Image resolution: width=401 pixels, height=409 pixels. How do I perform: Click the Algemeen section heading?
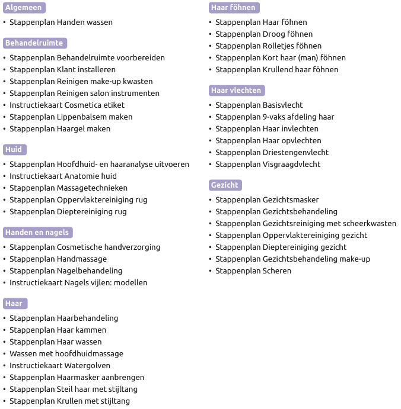click(24, 8)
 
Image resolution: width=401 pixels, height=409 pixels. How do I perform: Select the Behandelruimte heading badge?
click(34, 43)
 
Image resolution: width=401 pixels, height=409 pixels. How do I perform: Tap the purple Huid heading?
click(14, 150)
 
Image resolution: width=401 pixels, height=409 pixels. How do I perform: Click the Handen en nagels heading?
click(37, 233)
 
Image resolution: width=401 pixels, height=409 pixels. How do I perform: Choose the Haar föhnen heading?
click(234, 8)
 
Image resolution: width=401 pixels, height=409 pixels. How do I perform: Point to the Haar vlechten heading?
click(236, 91)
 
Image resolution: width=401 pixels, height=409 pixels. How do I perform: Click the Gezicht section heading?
click(225, 185)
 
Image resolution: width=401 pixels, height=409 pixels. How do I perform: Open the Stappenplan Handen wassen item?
click(61, 22)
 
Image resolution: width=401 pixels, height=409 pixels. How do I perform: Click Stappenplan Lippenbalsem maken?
click(71, 117)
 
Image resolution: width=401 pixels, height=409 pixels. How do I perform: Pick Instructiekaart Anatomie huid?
click(63, 176)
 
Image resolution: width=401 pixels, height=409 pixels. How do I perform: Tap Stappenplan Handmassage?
click(58, 259)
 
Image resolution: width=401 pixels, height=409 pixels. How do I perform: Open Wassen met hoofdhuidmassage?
click(66, 354)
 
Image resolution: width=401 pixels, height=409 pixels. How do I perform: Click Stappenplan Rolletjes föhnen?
click(268, 46)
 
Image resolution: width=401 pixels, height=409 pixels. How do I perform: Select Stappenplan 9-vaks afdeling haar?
click(275, 117)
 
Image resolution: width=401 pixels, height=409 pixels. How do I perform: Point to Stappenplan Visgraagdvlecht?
click(268, 165)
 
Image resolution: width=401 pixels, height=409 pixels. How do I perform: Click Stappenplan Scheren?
click(253, 271)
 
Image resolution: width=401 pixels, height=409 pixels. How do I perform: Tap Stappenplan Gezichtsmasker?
click(267, 200)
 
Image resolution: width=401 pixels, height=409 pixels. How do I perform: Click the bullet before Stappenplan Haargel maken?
click(5, 129)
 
